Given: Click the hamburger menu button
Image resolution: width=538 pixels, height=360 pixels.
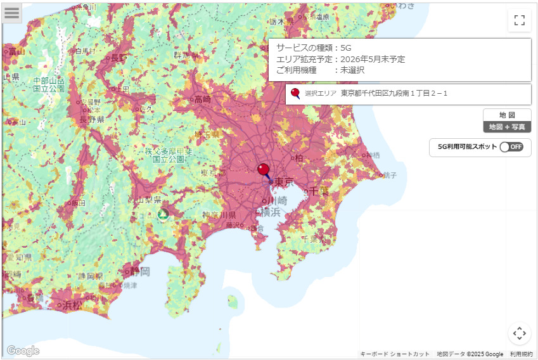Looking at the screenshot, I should (x=11, y=12).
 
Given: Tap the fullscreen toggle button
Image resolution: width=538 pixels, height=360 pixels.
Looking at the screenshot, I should (x=519, y=20).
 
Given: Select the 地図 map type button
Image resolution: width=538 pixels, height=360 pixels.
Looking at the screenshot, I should (x=507, y=115).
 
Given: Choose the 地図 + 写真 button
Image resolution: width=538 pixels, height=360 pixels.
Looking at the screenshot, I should (x=507, y=127).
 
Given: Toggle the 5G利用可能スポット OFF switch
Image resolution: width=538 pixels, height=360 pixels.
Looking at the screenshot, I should (x=511, y=147).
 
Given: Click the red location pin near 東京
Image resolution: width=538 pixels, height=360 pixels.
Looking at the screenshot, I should (x=263, y=169).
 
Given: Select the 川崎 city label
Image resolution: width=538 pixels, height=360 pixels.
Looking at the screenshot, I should (x=277, y=201).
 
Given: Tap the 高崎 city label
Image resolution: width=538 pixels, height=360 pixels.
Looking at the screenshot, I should (x=203, y=99).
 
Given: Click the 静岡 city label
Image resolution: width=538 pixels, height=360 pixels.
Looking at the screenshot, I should (x=139, y=272).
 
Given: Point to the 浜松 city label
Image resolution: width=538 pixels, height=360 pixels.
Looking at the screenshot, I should (x=72, y=305).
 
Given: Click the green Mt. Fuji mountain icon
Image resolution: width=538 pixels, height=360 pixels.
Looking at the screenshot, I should (x=163, y=214).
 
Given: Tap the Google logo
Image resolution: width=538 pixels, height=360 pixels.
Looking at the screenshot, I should (x=23, y=350).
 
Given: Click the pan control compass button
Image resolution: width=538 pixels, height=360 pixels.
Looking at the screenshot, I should (x=519, y=333).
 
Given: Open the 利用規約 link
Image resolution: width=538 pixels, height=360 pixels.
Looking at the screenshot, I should (x=521, y=354).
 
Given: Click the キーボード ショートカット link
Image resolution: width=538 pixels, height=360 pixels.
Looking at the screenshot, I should (x=395, y=354).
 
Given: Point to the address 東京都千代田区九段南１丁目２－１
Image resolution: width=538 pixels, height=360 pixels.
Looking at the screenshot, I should (x=394, y=94).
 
